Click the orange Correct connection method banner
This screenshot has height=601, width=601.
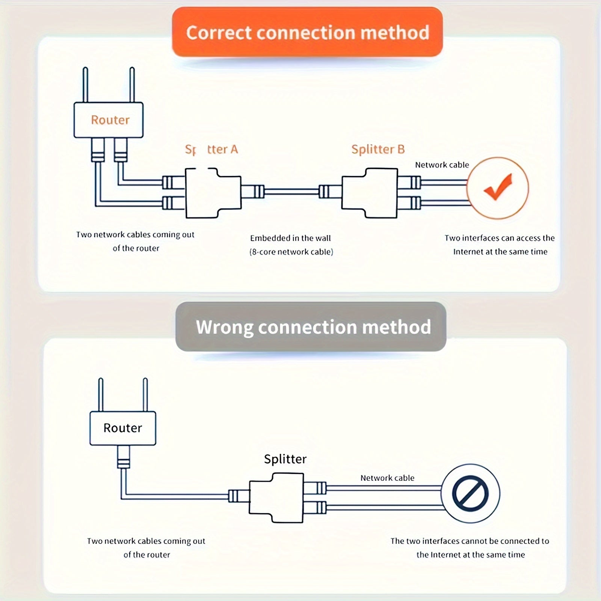point(307,32)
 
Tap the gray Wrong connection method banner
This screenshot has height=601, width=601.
point(311,327)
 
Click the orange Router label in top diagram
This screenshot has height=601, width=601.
point(110,120)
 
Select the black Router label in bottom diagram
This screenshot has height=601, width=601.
point(122,428)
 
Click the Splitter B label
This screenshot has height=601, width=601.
point(378,149)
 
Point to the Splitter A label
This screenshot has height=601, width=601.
point(212,149)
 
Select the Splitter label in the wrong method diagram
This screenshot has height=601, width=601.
point(285,459)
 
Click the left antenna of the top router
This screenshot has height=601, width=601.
point(86,85)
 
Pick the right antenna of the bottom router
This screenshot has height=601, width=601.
point(145,394)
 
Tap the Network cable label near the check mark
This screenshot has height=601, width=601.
point(442,165)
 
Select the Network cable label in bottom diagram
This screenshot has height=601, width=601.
point(387,478)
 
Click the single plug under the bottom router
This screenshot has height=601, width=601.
point(123,457)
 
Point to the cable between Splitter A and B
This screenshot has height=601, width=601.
point(291,192)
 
